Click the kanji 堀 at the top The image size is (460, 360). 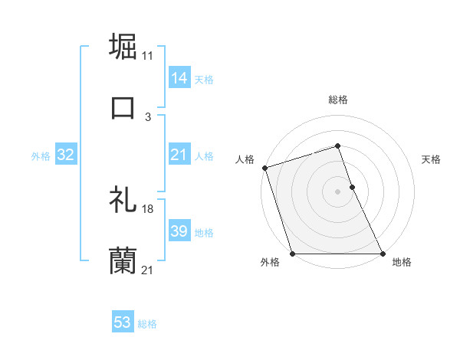(x=124, y=45)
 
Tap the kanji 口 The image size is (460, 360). (x=123, y=106)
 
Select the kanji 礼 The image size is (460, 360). (x=123, y=198)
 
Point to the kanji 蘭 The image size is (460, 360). (x=123, y=261)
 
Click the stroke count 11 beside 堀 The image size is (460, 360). (x=147, y=56)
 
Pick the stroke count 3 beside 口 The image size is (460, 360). (x=147, y=117)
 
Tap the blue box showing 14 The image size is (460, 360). (x=179, y=78)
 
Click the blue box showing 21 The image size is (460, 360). (x=179, y=155)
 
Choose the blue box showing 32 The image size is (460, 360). (x=65, y=155)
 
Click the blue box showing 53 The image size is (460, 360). (x=123, y=322)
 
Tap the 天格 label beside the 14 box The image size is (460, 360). (x=204, y=79)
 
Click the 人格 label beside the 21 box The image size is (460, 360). (x=204, y=156)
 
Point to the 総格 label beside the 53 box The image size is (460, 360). (x=147, y=323)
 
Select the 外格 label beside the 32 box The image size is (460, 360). (x=41, y=156)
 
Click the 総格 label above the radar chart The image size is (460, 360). (x=337, y=100)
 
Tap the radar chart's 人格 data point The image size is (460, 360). (x=264, y=168)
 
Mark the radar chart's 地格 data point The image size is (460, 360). (x=383, y=254)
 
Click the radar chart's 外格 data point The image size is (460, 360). (x=292, y=254)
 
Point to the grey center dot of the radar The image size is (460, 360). (x=337, y=191)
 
